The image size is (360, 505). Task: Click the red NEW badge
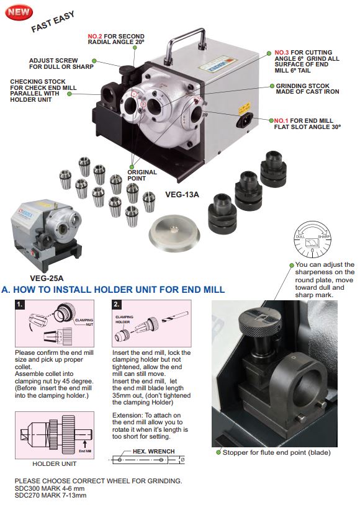19,12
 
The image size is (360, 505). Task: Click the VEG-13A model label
182,195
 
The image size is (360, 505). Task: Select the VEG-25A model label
47,278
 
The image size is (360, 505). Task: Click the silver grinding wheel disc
174,233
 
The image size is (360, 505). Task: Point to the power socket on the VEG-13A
244,121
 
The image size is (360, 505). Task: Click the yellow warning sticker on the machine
245,108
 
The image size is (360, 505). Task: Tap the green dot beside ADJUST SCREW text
94,61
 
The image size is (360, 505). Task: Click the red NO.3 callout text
282,53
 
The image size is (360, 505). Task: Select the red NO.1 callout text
281,121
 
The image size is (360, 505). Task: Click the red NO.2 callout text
95,37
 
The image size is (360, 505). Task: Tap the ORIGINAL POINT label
142,175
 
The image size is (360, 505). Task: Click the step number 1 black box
20,305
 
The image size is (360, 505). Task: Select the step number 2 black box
117,305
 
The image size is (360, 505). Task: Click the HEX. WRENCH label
154,451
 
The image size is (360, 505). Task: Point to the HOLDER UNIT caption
55,464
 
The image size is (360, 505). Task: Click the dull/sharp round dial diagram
312,239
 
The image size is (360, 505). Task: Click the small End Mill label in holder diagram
85,451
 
